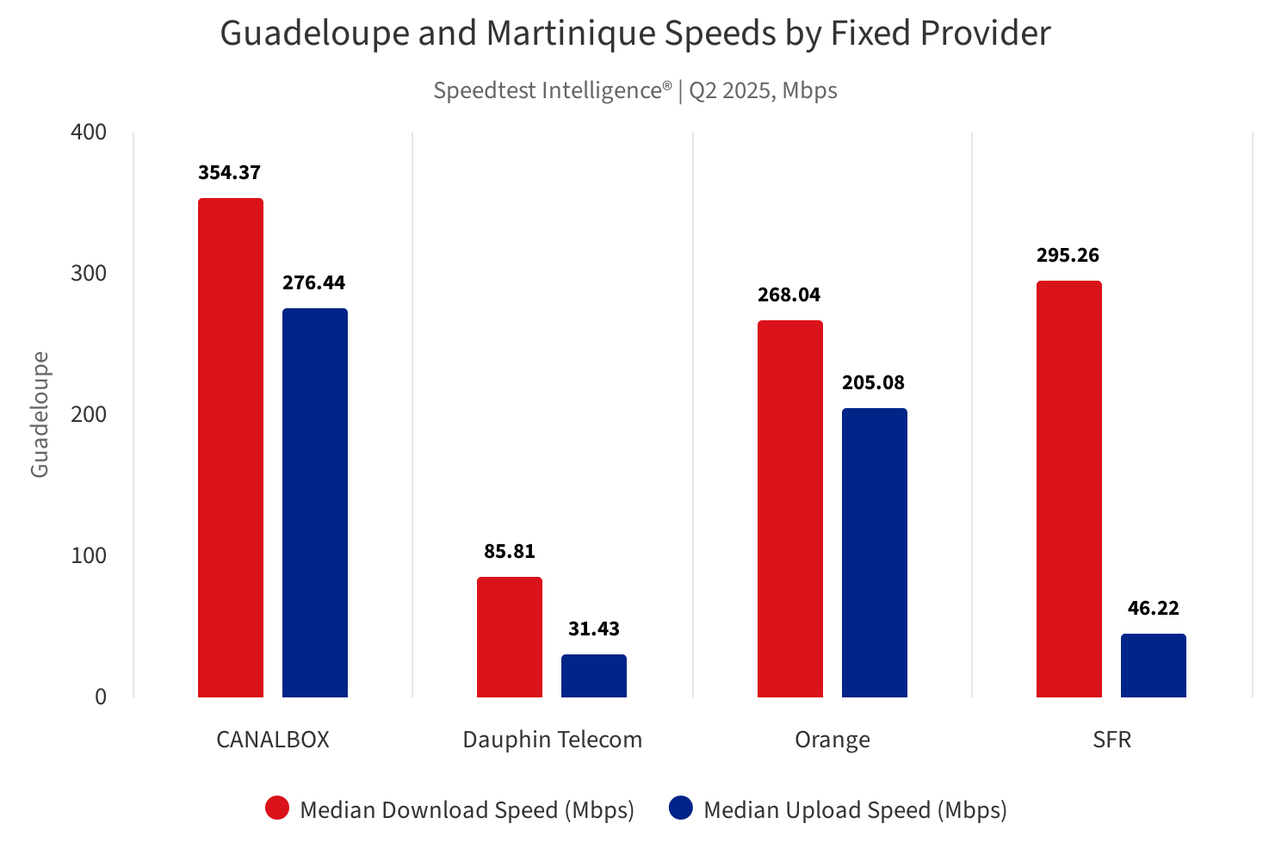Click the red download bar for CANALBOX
tap(231, 448)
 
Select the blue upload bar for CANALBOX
tap(315, 503)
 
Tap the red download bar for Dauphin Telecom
tap(510, 637)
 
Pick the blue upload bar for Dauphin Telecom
tap(594, 676)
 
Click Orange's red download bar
tap(790, 509)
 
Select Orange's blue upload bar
tap(875, 553)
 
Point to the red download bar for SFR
tap(1069, 489)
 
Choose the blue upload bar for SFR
tap(1154, 666)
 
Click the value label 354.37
tap(229, 172)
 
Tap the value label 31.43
tap(594, 629)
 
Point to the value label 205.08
tap(873, 382)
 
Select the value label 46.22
tap(1154, 608)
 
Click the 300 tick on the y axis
tap(89, 273)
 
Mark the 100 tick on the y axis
tap(89, 555)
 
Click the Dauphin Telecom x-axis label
tap(553, 740)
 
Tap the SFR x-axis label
tap(1111, 740)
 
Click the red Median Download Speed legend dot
tap(277, 808)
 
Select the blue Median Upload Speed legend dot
tap(681, 808)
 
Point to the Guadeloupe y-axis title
tap(40, 414)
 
